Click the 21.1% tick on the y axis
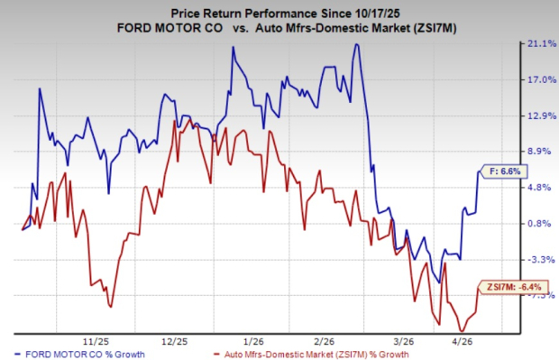[x=540, y=43]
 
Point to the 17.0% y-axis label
[x=540, y=79]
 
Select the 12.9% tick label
[x=540, y=115]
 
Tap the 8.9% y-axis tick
[x=540, y=152]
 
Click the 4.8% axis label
[x=540, y=188]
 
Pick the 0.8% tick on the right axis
[x=540, y=224]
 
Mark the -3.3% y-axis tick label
[x=540, y=260]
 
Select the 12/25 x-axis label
[x=175, y=341]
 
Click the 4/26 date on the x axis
[x=474, y=341]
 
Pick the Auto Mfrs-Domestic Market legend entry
[x=316, y=354]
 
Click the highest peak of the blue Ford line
[x=357, y=44]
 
